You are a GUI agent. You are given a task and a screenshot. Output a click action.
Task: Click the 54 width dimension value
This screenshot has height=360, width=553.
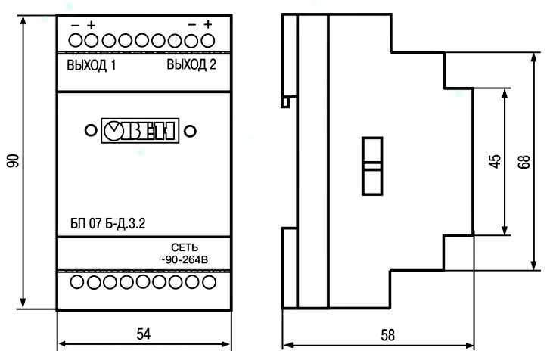[x=144, y=333]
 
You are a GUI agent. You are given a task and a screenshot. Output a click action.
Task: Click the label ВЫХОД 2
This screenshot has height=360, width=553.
[x=191, y=65]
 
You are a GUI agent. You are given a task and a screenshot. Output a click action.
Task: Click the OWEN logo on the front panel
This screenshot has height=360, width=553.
[x=139, y=130]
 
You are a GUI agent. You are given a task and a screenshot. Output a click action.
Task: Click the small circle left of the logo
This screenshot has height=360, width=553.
[x=90, y=130]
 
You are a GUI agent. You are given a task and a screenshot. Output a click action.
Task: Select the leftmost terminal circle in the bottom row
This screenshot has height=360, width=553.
[x=76, y=282]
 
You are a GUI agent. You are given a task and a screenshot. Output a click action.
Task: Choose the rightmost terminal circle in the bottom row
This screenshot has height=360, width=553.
[x=209, y=282]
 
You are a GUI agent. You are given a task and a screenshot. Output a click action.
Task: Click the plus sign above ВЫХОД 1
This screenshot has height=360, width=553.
[x=91, y=25]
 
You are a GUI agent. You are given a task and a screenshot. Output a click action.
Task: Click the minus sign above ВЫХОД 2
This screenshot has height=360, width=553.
[x=192, y=25]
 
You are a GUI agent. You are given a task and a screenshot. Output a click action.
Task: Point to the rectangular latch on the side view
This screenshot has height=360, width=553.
[x=371, y=166]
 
